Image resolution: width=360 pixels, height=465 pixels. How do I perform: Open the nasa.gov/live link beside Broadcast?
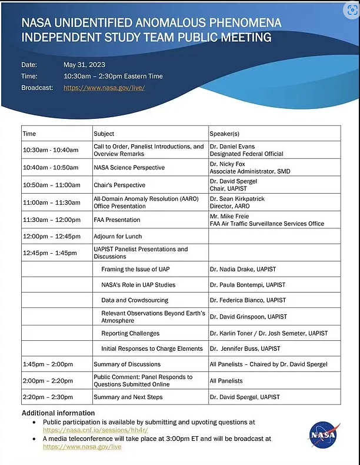click(104, 88)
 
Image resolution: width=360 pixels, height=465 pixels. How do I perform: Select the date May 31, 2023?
click(84, 65)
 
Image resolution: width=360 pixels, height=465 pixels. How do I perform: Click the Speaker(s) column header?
click(225, 134)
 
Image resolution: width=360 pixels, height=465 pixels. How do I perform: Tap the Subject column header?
click(104, 134)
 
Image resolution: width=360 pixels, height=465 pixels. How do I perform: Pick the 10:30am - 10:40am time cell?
click(51, 150)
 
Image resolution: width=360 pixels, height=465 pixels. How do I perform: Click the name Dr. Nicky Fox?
click(228, 164)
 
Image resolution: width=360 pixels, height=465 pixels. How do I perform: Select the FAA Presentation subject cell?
click(116, 220)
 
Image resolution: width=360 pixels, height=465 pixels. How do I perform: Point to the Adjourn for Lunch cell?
click(117, 236)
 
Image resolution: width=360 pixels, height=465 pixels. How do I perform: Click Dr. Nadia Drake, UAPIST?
click(242, 269)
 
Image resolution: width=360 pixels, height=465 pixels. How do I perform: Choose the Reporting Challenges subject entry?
click(131, 333)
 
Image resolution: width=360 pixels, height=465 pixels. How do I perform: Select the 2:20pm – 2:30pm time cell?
click(48, 397)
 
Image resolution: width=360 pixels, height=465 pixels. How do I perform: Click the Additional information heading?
click(58, 413)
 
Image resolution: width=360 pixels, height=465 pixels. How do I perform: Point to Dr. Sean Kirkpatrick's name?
click(237, 199)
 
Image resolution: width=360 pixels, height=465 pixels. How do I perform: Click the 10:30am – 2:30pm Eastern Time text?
click(113, 76)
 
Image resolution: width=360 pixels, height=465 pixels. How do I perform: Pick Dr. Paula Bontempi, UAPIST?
click(247, 285)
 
